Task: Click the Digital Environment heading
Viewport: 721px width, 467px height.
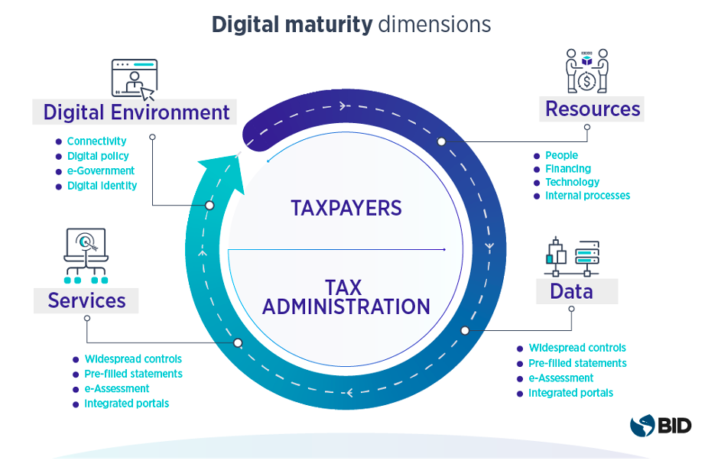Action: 136,112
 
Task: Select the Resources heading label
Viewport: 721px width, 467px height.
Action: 592,109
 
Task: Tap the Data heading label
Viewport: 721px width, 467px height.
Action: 571,291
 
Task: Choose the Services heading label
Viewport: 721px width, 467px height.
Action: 86,300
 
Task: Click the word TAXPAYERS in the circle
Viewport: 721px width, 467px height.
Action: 346,208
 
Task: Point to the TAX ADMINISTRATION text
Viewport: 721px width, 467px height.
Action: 346,297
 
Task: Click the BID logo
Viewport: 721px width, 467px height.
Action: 661,425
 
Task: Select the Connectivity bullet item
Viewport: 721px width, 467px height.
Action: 96,141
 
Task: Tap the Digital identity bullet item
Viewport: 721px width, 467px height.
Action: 102,186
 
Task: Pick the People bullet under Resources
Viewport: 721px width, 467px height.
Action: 561,156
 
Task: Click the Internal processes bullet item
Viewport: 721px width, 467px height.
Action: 587,196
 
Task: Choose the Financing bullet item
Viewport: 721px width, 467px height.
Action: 567,169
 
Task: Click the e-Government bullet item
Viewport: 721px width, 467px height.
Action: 100,171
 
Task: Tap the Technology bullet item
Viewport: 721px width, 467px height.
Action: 572,183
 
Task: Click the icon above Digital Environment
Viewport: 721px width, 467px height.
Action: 134,79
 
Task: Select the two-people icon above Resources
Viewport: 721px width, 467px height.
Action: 586,71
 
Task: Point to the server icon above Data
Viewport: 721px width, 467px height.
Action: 571,257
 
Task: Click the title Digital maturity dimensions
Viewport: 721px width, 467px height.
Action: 351,24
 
